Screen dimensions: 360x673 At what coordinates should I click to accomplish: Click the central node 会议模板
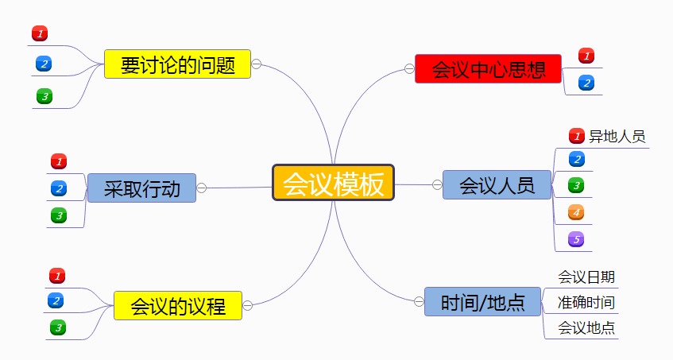coord(334,184)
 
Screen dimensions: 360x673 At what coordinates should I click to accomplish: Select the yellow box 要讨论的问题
coord(177,64)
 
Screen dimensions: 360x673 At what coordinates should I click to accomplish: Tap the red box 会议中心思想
coord(488,69)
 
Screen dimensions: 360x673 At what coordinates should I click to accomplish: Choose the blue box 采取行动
coord(141,188)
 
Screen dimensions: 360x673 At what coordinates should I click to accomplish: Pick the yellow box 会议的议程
coord(177,305)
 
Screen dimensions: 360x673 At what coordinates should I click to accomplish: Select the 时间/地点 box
coord(483,301)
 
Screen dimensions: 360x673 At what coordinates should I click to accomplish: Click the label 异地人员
coord(617,136)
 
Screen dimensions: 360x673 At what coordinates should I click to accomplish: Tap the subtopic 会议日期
coord(586,277)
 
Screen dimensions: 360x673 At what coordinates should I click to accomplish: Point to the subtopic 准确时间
coord(586,303)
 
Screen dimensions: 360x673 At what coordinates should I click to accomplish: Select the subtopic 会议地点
coord(586,327)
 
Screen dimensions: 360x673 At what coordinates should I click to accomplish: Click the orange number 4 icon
coord(577,212)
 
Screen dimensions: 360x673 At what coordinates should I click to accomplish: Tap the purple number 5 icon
coord(577,238)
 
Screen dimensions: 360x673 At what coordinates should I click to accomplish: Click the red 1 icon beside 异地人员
coord(577,136)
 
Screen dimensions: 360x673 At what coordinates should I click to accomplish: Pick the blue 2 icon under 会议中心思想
coord(586,82)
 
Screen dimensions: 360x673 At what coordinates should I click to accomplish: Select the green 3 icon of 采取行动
coord(58,215)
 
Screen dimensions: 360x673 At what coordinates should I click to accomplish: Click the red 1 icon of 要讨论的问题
coord(40,33)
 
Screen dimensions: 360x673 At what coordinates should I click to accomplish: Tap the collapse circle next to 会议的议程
coord(247,305)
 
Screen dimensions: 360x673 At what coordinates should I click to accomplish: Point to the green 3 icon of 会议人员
coord(577,186)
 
